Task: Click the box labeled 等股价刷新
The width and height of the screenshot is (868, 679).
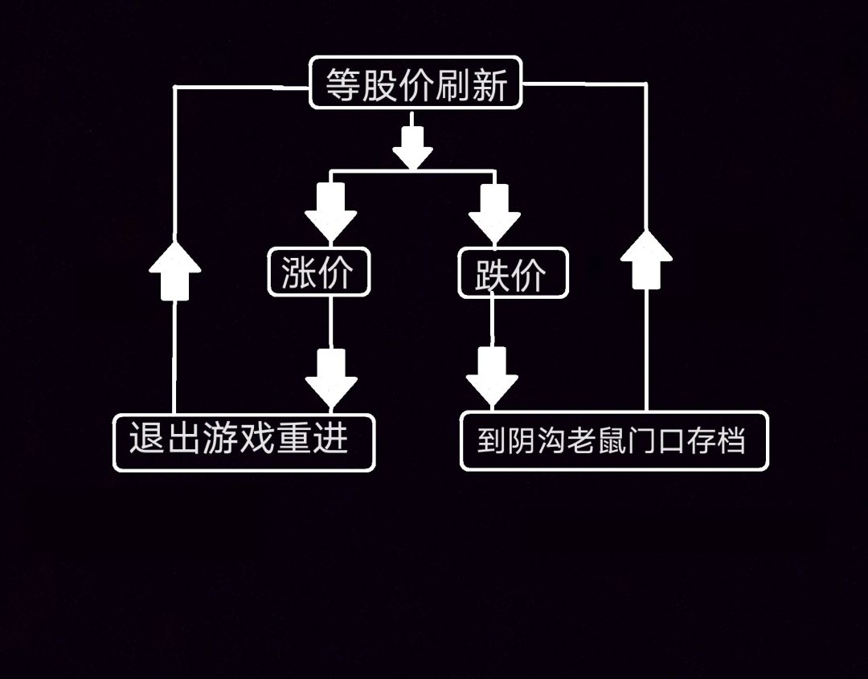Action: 416,83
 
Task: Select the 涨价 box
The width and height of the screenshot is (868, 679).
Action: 319,273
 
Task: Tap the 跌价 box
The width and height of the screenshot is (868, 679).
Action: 513,274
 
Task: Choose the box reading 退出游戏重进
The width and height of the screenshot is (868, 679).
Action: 244,441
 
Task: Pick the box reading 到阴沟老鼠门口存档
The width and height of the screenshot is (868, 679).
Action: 614,441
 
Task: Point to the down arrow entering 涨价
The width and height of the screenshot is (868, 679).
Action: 330,211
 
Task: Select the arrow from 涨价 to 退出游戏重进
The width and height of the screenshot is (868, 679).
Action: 331,376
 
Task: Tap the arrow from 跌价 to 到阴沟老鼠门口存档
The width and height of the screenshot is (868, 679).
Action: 492,375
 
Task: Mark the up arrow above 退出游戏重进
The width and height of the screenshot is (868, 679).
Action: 174,270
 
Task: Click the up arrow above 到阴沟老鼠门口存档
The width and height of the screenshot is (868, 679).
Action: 646,259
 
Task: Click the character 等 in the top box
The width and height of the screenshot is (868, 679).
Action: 342,84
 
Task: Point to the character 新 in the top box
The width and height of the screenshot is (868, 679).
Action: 489,84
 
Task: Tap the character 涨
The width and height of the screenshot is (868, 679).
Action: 298,273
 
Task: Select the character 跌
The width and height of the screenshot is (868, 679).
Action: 492,275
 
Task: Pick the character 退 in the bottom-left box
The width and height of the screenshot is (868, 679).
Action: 146,440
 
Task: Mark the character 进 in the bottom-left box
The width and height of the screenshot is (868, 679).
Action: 331,440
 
